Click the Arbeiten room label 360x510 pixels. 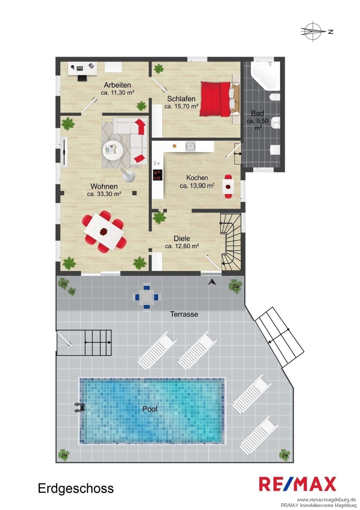click(x=117, y=85)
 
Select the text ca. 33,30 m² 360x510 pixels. click(x=104, y=194)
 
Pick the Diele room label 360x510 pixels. click(x=182, y=238)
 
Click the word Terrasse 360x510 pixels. click(x=184, y=314)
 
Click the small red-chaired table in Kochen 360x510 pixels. click(x=228, y=187)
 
